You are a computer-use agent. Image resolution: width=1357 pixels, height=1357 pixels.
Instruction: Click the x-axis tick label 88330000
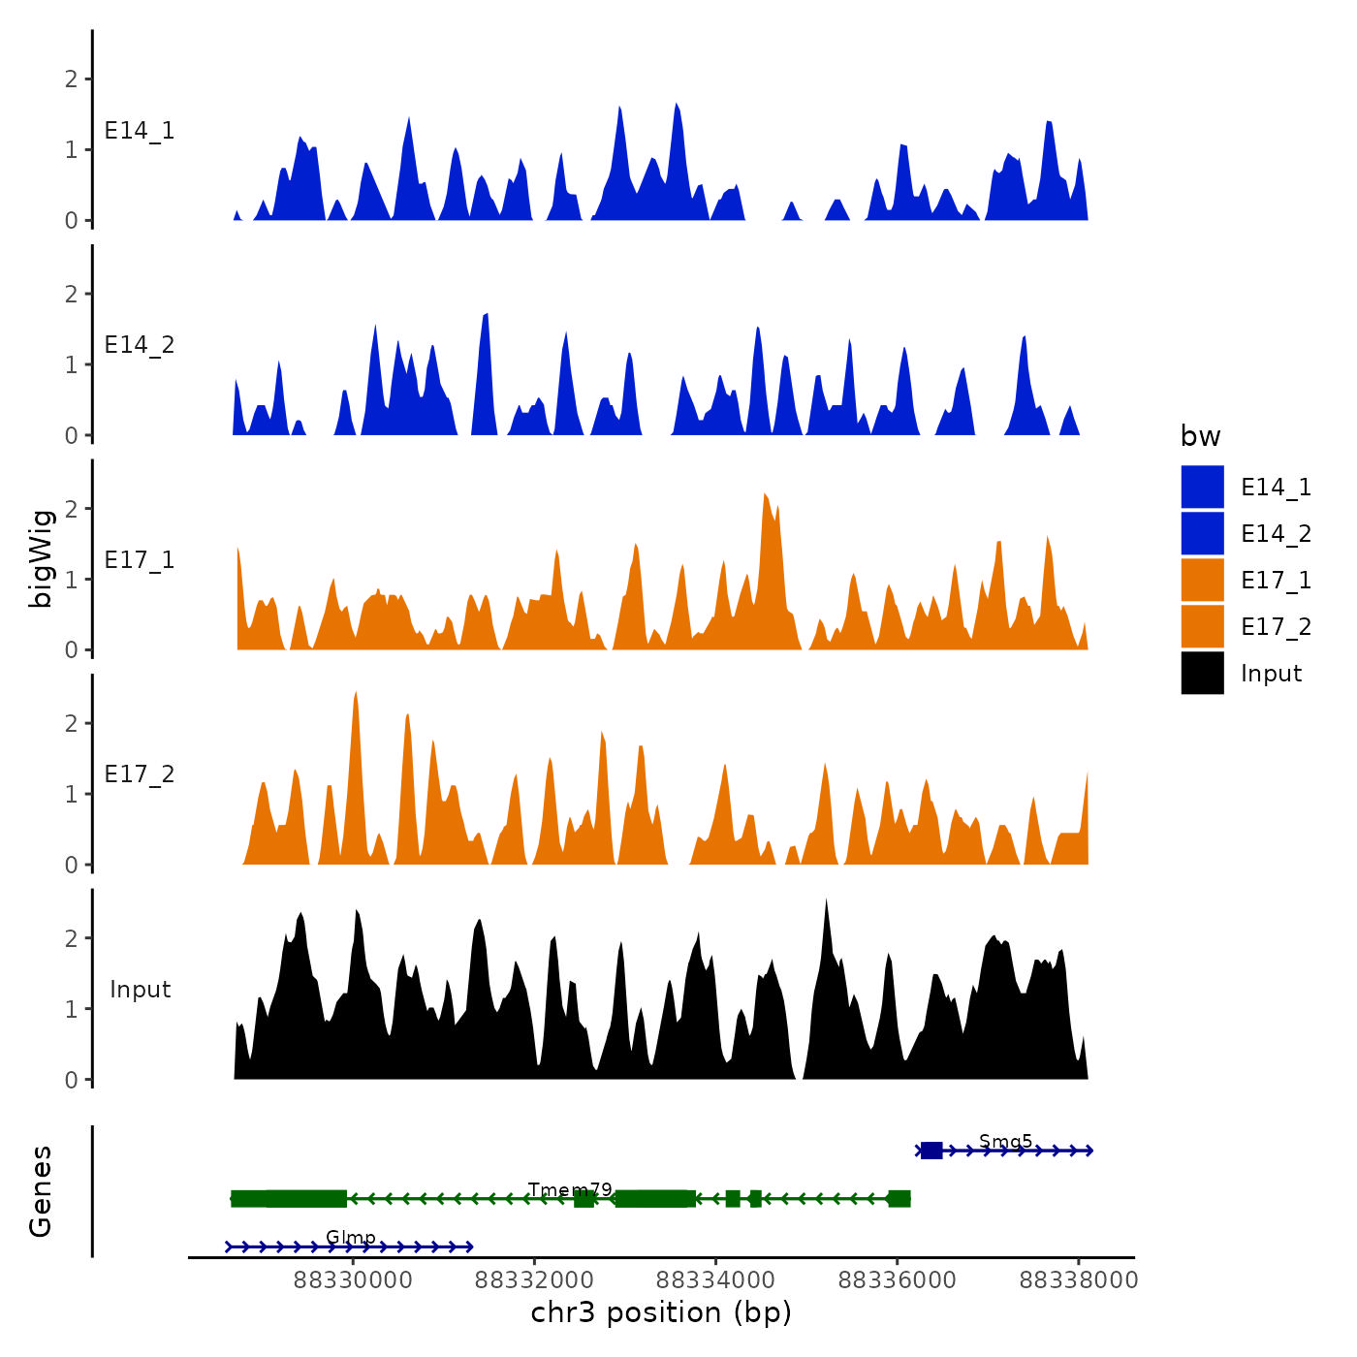(353, 1280)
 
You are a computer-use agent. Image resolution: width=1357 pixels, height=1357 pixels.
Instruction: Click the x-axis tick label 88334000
(716, 1280)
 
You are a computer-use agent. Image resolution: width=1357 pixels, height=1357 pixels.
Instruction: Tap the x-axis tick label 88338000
(1078, 1280)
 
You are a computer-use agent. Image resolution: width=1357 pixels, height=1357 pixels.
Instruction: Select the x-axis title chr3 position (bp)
(661, 1313)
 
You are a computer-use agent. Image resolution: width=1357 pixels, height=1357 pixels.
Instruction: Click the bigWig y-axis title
(41, 558)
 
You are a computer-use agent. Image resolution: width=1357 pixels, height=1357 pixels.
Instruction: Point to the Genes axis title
(41, 1191)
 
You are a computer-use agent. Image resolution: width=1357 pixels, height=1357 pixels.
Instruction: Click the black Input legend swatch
(1202, 673)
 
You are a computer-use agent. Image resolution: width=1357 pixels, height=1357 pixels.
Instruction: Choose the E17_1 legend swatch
(1202, 580)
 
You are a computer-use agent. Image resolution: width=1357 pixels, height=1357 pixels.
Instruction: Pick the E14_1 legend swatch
(1202, 487)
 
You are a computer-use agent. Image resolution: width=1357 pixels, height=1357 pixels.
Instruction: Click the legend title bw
(1200, 437)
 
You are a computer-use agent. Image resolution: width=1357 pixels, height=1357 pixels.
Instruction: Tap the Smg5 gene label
(1005, 1141)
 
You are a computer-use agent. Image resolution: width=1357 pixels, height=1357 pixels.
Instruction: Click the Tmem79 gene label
(570, 1189)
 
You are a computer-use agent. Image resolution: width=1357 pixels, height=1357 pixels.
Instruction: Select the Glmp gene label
(350, 1237)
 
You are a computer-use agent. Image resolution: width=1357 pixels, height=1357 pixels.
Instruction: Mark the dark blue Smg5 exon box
(931, 1151)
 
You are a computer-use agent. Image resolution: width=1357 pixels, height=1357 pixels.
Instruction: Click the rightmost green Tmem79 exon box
(899, 1199)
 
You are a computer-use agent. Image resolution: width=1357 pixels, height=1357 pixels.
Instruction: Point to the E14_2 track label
(140, 345)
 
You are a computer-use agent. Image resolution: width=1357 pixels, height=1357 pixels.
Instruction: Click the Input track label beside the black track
(140, 990)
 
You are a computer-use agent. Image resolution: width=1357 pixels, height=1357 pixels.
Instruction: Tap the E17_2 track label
(140, 774)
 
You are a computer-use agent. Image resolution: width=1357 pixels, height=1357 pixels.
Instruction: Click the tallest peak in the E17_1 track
(766, 496)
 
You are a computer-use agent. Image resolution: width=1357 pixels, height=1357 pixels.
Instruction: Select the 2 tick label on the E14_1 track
(72, 79)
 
